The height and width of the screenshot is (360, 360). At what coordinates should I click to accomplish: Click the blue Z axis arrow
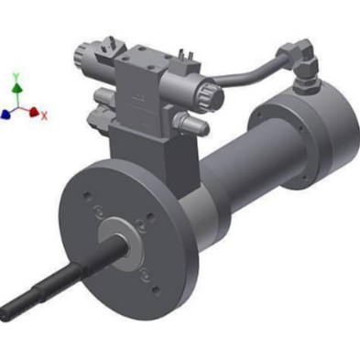click(x=6, y=114)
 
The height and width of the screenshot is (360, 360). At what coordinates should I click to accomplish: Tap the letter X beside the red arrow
click(x=44, y=115)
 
